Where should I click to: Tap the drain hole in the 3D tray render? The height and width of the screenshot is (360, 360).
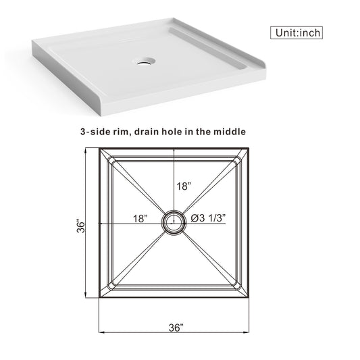(145, 61)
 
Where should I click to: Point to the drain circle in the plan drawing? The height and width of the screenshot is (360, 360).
(174, 220)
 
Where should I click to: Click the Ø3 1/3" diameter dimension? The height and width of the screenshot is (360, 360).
(208, 218)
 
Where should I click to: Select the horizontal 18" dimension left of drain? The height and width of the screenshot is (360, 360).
(140, 218)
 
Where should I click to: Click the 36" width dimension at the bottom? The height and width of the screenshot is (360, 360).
(175, 328)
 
